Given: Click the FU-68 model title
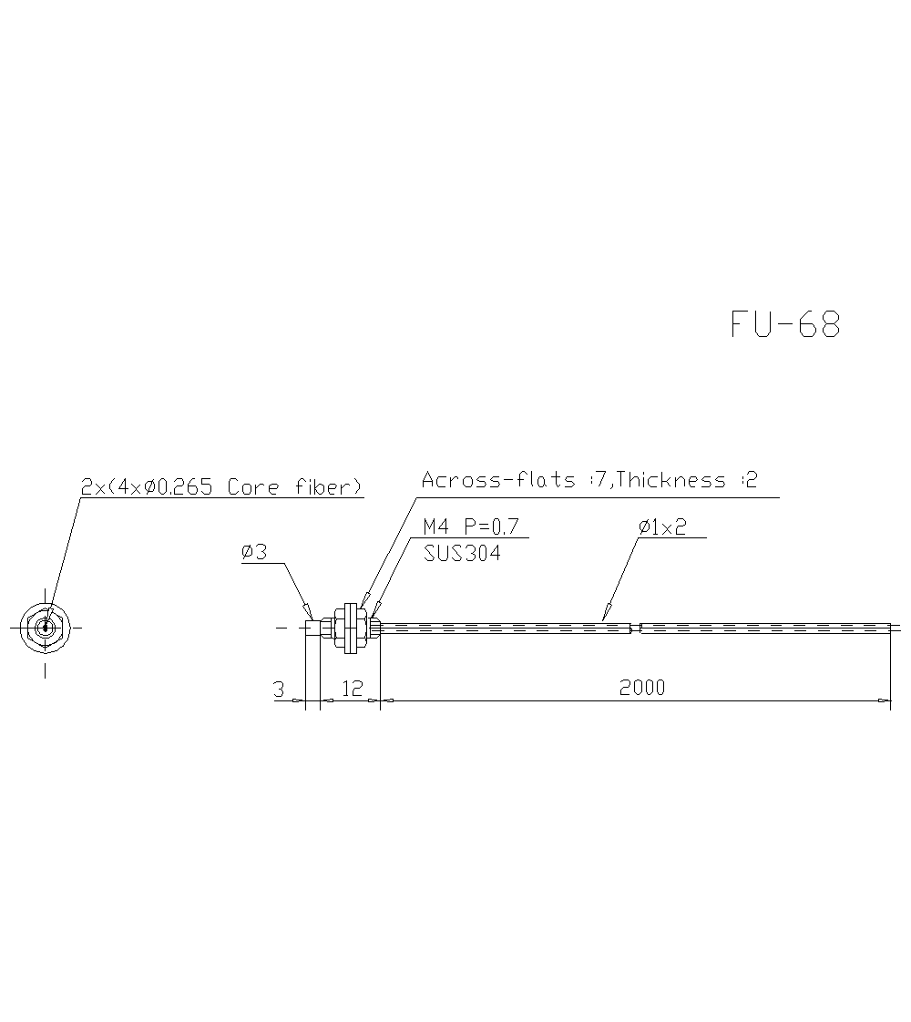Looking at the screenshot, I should coord(785,324).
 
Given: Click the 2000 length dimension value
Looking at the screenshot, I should coord(642,687).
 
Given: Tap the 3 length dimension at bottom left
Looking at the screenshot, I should coord(279,689).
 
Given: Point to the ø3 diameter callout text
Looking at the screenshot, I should coord(254,552).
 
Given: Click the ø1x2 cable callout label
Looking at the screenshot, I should coord(662,526).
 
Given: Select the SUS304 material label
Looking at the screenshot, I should coord(462,553).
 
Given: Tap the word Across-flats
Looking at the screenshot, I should coord(497,479).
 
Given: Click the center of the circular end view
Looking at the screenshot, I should coord(45,627).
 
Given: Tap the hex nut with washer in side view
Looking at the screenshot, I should coord(347,628).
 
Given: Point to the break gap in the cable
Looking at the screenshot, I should coord(636,628).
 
